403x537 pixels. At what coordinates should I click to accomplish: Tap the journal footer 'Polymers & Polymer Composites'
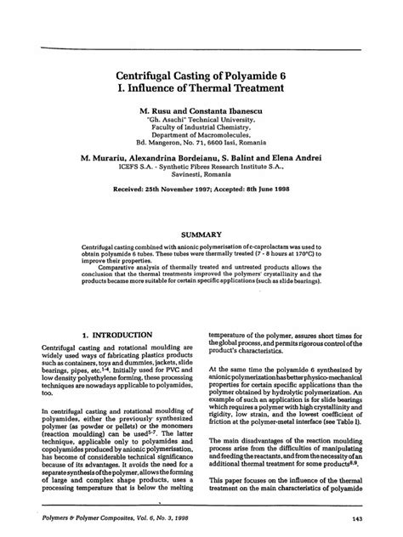81,521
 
